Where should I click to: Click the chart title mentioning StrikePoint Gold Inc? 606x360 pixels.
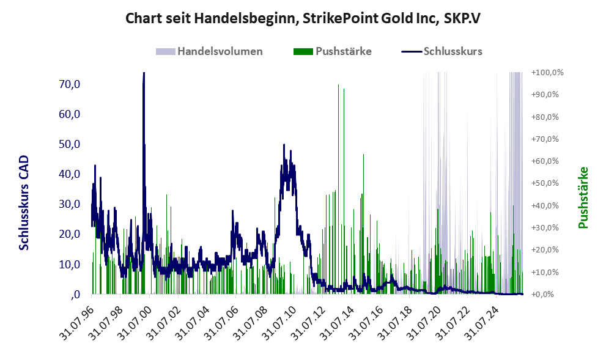click(303, 18)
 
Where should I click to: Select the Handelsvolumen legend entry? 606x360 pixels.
click(209, 51)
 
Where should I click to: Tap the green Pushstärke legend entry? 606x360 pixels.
click(333, 51)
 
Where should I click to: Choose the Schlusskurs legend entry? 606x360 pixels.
click(442, 51)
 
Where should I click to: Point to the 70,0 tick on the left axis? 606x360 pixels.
click(70, 84)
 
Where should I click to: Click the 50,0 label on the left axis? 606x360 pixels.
click(70, 144)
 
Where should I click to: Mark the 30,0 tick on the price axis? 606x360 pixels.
click(70, 204)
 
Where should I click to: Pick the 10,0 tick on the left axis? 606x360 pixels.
click(70, 264)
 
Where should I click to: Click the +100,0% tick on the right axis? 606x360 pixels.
click(547, 72)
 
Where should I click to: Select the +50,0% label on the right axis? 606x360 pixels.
click(545, 183)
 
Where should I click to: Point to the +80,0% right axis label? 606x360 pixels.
click(545, 117)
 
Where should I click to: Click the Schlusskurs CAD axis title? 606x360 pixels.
click(24, 203)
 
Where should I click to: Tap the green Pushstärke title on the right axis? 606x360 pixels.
click(583, 197)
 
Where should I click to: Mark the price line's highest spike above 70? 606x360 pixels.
click(144, 73)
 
